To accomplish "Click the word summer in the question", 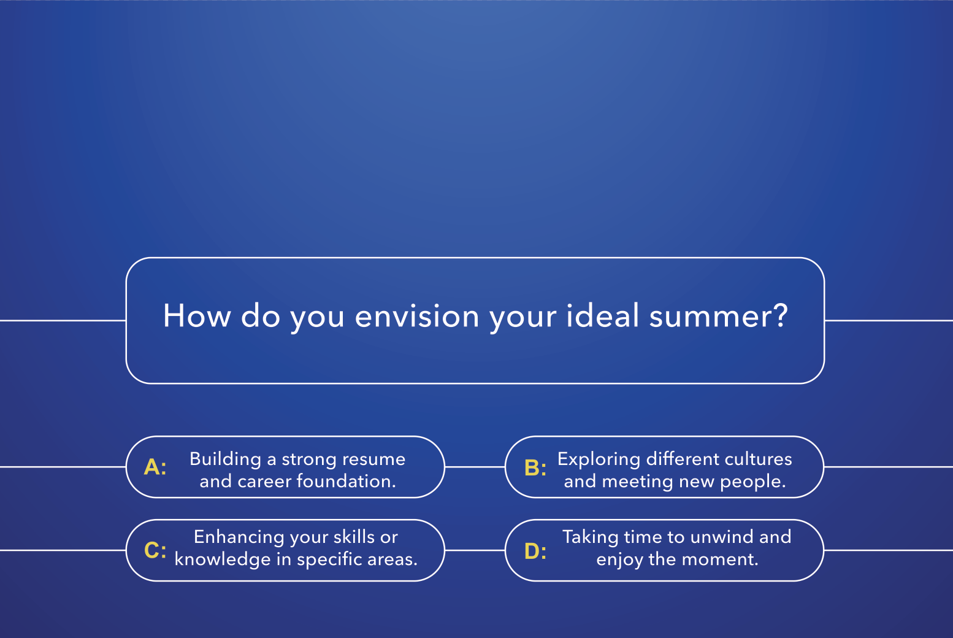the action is tap(719, 316).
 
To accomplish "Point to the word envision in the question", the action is tap(417, 316).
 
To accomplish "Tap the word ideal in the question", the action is tap(602, 315).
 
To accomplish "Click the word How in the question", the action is tap(197, 316).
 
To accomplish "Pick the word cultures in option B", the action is tap(758, 459).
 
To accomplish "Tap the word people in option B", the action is tap(752, 482).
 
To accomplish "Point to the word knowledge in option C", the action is tap(223, 559).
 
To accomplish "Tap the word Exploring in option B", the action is tap(599, 459).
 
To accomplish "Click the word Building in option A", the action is tap(226, 459).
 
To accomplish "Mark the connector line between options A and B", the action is tap(475, 467).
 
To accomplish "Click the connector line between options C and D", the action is tap(475, 550).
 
